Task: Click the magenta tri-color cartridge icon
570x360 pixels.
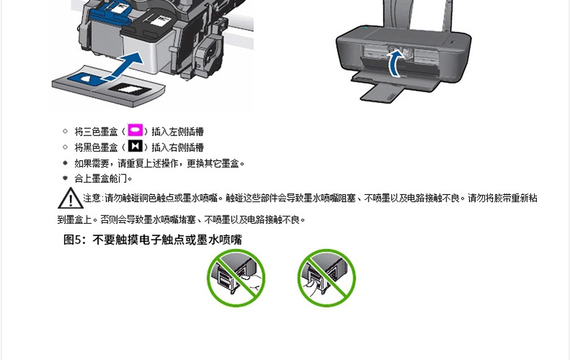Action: (135, 130)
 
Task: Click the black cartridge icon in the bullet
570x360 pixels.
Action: (135, 146)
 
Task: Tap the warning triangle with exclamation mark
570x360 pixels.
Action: (70, 198)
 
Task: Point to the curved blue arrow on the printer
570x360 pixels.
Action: (392, 62)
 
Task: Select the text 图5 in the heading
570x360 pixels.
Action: (74, 240)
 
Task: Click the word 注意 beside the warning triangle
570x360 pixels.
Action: (92, 198)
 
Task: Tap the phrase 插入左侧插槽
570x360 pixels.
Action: (177, 131)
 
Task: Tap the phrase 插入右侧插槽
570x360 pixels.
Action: (177, 147)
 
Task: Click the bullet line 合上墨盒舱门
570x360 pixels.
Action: (103, 178)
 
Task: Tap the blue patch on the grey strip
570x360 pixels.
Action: (87, 79)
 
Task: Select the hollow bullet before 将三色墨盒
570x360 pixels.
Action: (65, 131)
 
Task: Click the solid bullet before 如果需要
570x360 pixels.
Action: (65, 163)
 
